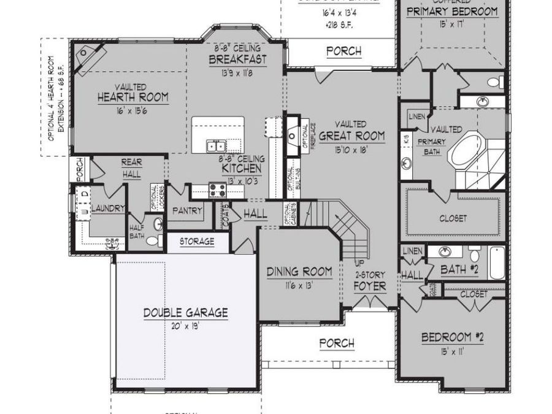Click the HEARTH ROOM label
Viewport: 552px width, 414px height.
132,97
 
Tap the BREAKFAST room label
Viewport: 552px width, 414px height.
238,59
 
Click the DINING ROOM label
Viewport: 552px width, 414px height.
299,271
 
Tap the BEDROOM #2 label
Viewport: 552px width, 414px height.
453,337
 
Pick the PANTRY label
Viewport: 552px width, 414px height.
187,210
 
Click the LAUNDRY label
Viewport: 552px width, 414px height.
108,209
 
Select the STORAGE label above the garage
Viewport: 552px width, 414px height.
197,242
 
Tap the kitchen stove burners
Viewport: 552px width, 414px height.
217,190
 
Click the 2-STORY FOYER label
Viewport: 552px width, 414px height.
370,282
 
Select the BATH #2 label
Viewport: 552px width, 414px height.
460,269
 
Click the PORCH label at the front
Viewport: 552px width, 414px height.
337,343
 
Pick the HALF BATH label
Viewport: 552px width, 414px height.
137,231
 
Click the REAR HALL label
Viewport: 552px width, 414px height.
131,167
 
